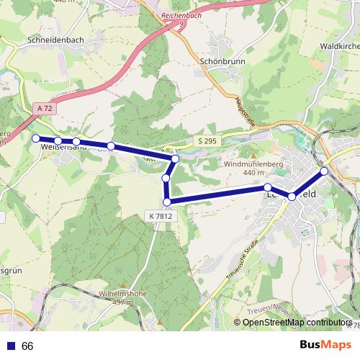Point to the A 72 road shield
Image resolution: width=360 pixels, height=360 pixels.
43,108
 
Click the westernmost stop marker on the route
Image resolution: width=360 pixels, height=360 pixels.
35,138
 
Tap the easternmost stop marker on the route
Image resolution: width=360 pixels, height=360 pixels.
325,171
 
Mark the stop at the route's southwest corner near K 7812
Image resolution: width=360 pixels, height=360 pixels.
167,202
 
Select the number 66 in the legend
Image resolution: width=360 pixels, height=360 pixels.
27,346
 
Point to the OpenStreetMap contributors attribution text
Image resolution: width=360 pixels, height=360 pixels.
296,323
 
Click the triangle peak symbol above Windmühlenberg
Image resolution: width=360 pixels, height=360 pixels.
253,155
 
